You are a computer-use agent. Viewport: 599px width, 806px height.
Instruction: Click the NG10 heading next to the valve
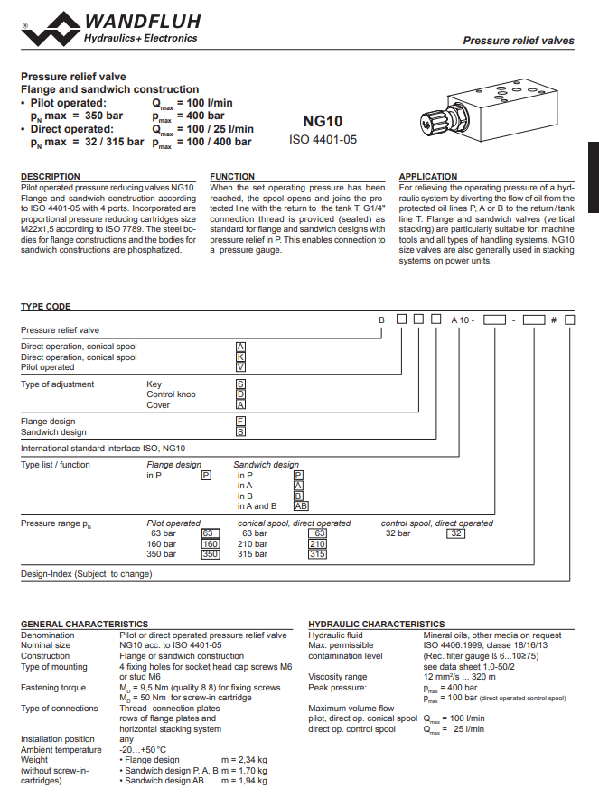click(323, 121)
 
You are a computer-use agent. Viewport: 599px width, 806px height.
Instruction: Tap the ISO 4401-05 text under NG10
click(323, 140)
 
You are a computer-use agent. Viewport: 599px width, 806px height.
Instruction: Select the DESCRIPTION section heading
click(51, 177)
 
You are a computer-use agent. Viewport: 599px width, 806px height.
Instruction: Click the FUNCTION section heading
click(232, 177)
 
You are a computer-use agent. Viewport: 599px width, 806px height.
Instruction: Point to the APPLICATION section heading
click(428, 177)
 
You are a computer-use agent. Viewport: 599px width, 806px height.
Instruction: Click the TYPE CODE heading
click(45, 307)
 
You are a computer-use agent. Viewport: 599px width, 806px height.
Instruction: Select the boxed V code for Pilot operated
click(241, 367)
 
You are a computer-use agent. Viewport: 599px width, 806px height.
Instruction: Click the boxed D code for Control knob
click(241, 394)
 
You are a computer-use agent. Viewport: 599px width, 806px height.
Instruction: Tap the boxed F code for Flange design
click(241, 422)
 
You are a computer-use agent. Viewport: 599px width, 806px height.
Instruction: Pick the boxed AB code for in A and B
click(301, 506)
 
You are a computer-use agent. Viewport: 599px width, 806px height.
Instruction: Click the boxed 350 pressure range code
click(210, 554)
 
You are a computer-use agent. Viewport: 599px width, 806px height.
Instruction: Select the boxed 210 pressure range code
click(317, 544)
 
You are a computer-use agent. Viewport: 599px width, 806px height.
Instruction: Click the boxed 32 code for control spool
click(457, 533)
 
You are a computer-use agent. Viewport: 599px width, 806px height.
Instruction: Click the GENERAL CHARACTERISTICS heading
click(84, 624)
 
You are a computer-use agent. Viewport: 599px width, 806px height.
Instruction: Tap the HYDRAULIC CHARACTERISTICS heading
click(377, 624)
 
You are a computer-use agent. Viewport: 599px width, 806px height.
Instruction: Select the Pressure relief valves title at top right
click(518, 41)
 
